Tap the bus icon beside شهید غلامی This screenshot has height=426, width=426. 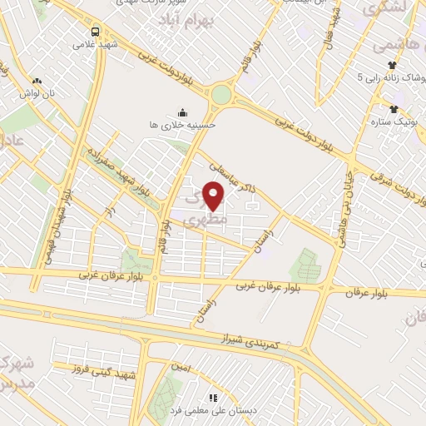click(95, 31)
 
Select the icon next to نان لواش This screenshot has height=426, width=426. click(36, 81)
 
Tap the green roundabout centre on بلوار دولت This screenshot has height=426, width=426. click(220, 94)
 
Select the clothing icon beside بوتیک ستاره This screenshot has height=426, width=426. click(394, 108)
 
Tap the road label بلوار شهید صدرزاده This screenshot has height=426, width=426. click(116, 171)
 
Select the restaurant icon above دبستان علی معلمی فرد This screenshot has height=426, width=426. click(212, 398)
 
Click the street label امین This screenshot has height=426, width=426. click(181, 367)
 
